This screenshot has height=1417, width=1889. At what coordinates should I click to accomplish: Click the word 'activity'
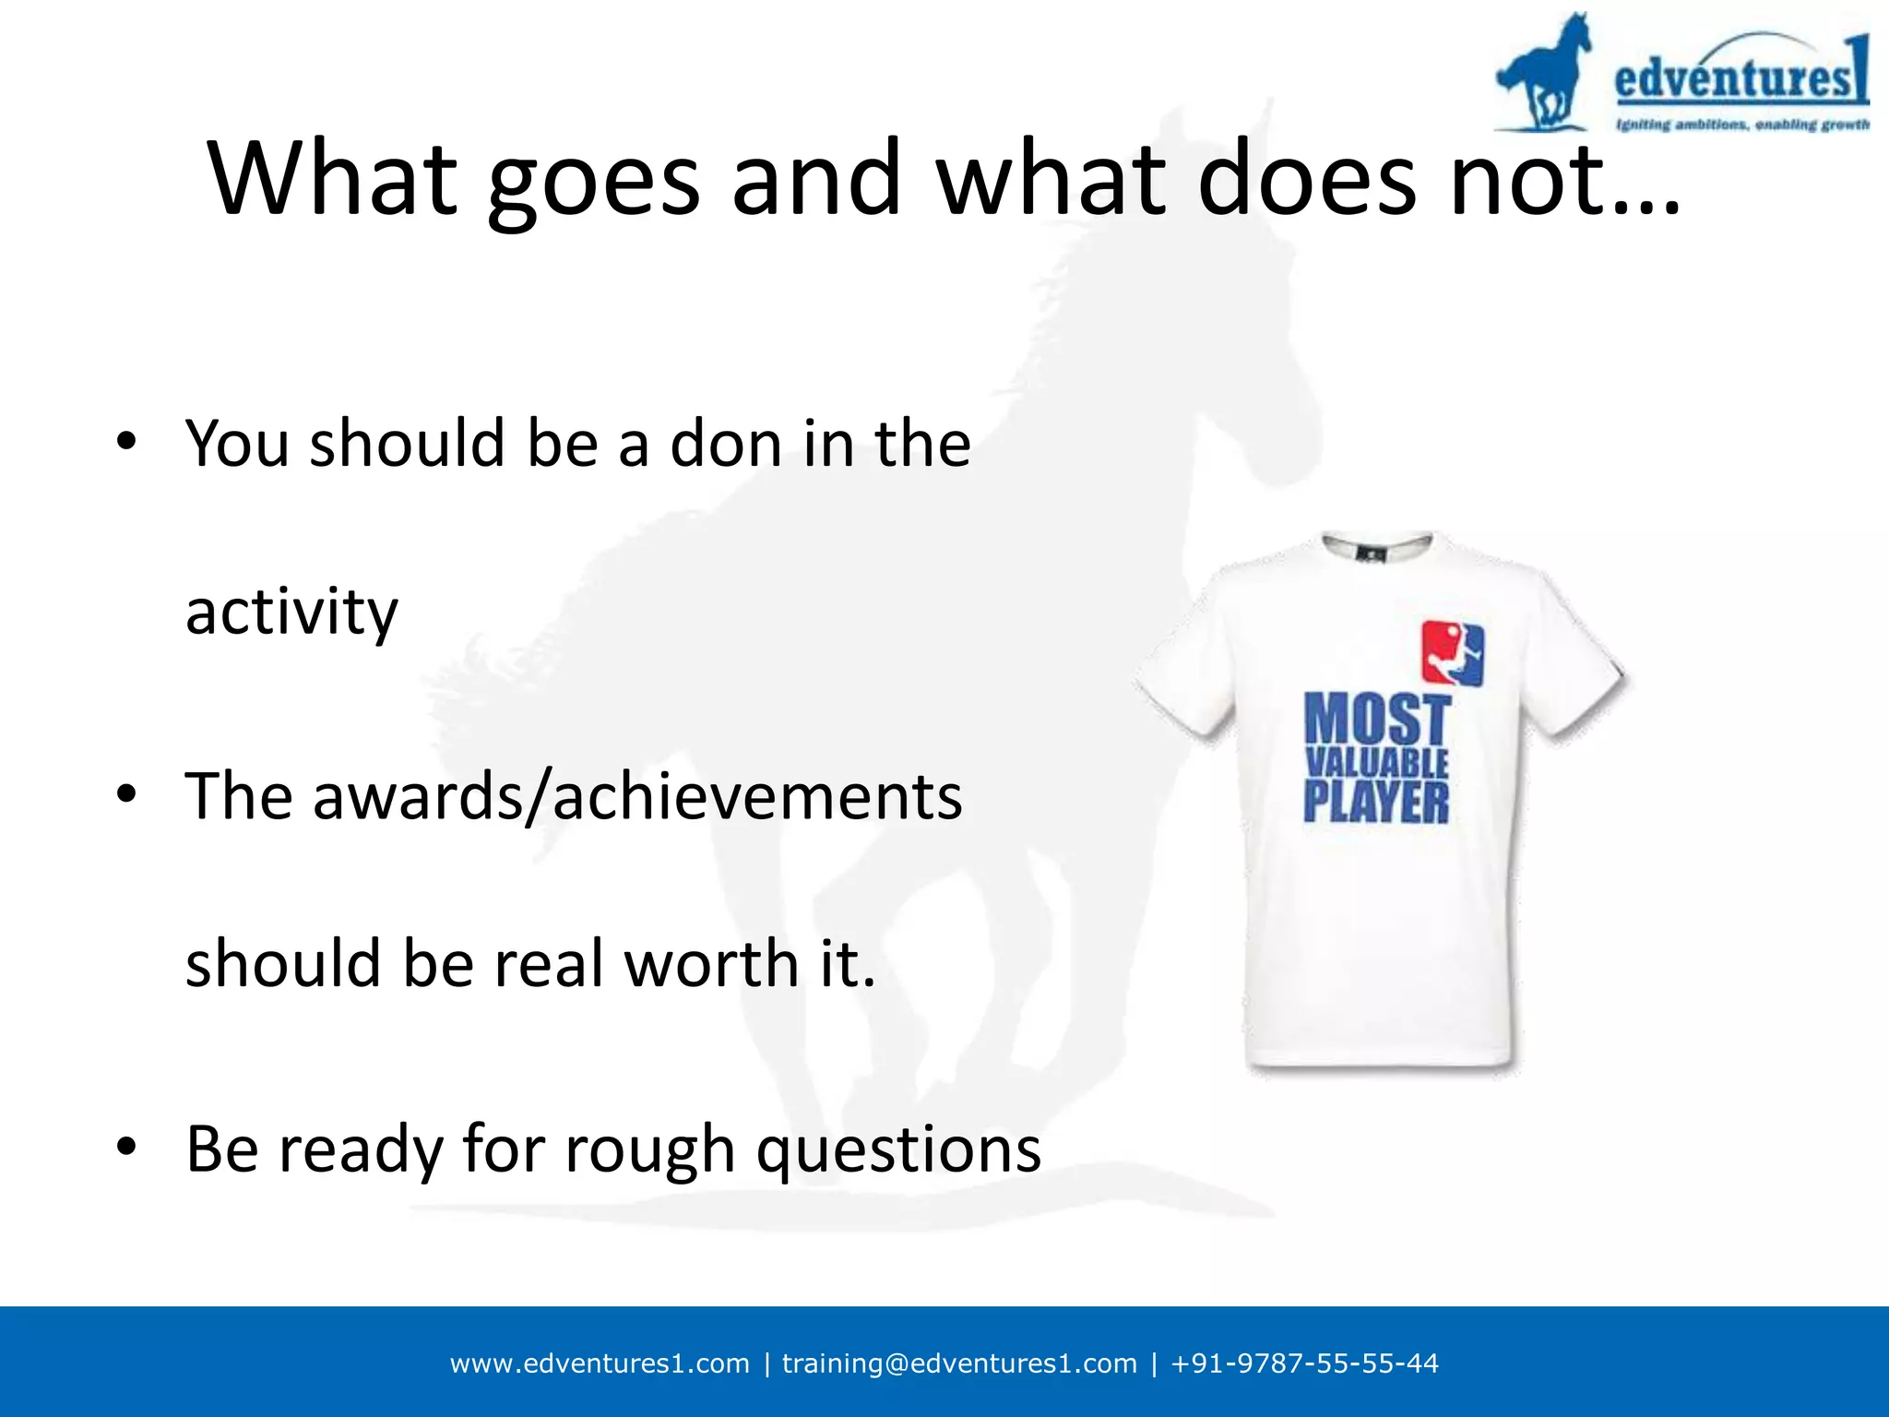[291, 613]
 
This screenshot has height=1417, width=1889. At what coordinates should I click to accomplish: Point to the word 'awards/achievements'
[637, 796]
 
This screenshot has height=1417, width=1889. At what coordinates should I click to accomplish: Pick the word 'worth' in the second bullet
[711, 964]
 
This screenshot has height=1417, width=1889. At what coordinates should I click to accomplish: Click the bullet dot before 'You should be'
[126, 440]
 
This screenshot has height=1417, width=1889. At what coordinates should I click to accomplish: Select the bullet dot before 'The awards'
[126, 793]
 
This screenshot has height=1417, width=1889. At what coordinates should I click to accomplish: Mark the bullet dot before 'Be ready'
[126, 1147]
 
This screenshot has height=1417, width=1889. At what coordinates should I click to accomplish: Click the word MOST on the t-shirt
[1377, 720]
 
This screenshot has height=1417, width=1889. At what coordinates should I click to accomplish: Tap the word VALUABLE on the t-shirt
[1377, 763]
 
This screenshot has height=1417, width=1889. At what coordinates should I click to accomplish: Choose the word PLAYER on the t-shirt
[1376, 802]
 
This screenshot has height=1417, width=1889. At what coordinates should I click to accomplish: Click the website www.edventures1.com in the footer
[600, 1363]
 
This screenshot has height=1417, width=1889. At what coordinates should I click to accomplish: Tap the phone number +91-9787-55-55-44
[1304, 1363]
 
